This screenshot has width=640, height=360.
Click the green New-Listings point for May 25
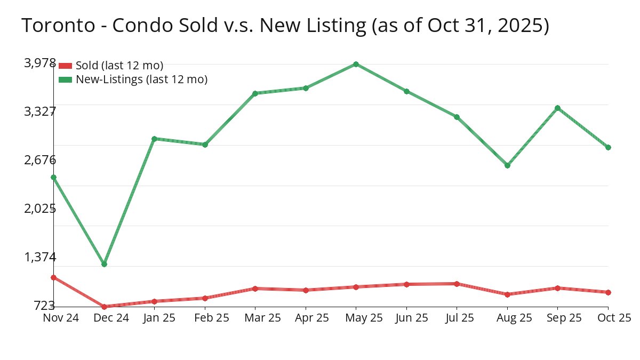click(356, 64)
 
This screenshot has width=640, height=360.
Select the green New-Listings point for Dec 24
click(104, 264)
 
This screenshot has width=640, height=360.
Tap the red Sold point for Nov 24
click(53, 277)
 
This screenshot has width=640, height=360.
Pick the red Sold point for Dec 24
click(104, 307)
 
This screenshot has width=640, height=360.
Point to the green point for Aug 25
click(507, 165)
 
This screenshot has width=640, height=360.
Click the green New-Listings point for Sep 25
click(557, 108)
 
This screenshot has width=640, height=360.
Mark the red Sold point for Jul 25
click(457, 284)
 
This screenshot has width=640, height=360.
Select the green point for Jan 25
click(154, 139)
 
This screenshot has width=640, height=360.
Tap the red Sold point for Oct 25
click(608, 292)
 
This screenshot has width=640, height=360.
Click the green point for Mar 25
click(255, 93)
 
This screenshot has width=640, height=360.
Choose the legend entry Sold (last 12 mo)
click(119, 66)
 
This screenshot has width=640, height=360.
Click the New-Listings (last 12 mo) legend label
click(141, 79)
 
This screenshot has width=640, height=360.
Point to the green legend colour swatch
click(65, 79)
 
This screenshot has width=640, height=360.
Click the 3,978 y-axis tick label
click(40, 63)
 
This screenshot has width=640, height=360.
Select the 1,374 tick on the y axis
click(40, 257)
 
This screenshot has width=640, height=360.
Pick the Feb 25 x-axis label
click(205, 318)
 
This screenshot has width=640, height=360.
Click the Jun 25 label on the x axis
click(406, 318)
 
